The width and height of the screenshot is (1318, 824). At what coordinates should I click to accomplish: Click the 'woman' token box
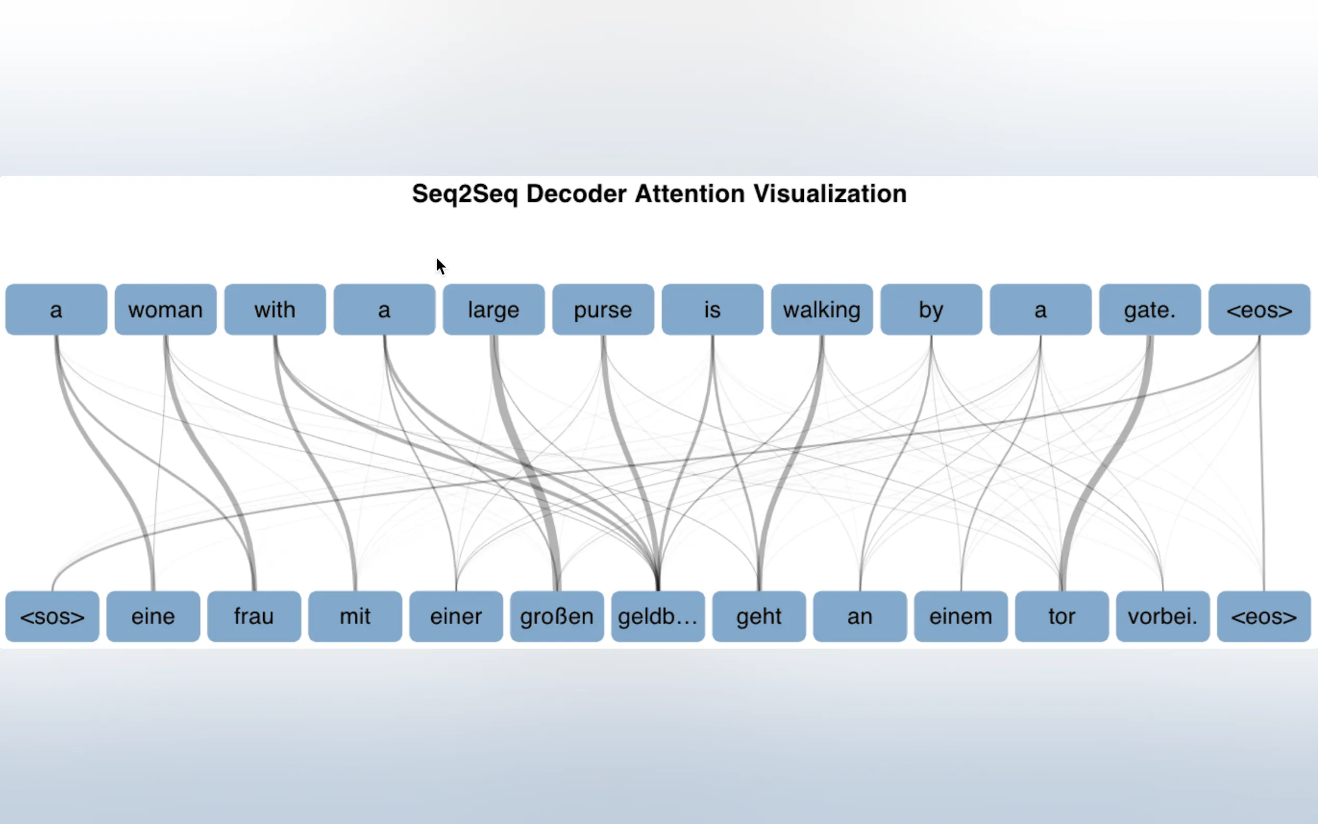click(166, 310)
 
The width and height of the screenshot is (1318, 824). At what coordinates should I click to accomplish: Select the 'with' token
click(275, 310)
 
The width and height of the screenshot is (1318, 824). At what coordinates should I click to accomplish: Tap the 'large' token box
click(493, 310)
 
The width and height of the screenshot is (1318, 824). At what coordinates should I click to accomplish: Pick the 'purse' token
click(603, 310)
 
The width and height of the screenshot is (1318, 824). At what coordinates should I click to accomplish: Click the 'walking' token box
click(821, 310)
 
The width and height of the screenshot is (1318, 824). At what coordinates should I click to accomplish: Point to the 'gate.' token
click(1150, 310)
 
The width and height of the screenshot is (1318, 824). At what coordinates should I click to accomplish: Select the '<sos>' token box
click(52, 616)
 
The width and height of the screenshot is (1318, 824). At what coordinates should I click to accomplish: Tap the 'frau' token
click(254, 616)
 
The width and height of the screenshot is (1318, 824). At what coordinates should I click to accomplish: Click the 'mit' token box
click(355, 616)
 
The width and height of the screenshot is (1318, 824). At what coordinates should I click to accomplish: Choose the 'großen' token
click(557, 616)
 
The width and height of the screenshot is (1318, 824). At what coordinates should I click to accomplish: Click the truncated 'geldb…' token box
click(657, 616)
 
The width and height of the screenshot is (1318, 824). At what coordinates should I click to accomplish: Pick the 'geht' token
click(759, 616)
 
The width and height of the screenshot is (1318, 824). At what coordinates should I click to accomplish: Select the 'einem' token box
click(960, 616)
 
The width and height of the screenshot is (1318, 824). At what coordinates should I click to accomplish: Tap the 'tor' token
click(1062, 616)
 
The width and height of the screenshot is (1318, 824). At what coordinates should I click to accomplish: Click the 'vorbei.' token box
click(1163, 616)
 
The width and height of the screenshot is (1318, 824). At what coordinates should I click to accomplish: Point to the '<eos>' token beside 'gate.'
click(1259, 310)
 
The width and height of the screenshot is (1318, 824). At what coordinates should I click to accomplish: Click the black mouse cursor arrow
click(440, 267)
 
